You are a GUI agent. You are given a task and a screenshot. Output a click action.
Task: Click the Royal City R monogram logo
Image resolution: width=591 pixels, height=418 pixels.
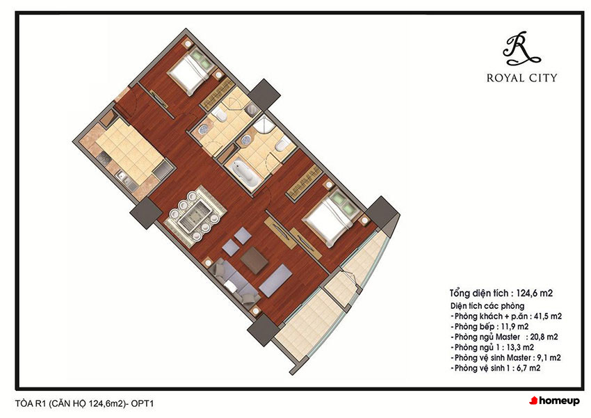point(521,49)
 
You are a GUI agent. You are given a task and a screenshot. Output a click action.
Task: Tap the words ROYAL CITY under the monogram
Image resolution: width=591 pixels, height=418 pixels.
point(521,78)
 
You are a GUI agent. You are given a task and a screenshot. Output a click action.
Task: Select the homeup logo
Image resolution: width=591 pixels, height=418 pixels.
point(554,401)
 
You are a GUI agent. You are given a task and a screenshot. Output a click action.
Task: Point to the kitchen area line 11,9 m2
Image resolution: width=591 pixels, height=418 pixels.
point(489,326)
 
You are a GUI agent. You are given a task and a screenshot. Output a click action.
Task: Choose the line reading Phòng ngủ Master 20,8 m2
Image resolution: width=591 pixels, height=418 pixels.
point(504,337)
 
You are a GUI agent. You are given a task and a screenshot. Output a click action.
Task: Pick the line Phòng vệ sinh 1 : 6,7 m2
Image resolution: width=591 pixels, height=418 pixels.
point(495,368)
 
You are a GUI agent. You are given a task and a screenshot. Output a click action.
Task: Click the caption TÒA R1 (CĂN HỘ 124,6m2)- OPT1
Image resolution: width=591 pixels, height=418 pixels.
point(84,403)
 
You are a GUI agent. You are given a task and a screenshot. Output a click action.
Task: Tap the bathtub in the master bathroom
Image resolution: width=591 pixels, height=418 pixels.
point(244,172)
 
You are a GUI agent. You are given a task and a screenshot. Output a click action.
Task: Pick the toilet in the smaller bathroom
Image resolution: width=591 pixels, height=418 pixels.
point(219,113)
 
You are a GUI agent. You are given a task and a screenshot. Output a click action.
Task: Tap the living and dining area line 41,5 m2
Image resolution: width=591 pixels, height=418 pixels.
point(505,316)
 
